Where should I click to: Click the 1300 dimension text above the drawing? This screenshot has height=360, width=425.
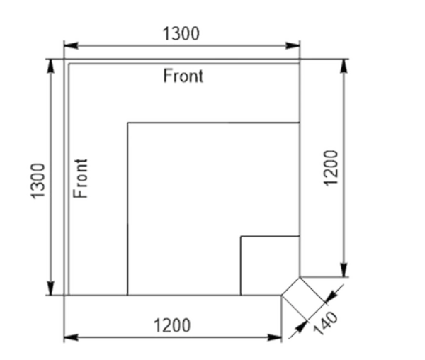181,34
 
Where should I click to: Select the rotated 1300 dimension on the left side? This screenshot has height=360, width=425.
38,181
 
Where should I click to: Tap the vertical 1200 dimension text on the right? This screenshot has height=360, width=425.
331,168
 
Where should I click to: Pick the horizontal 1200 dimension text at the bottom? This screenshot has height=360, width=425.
172,325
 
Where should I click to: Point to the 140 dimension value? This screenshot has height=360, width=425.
326,323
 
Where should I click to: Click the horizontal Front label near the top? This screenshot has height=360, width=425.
183,76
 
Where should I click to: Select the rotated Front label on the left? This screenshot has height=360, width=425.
81,179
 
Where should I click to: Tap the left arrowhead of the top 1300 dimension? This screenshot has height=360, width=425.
72,45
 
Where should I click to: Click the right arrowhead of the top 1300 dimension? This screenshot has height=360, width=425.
293,45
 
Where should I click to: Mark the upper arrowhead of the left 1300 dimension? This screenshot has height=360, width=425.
50,66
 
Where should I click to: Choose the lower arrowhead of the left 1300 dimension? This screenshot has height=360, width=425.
50,288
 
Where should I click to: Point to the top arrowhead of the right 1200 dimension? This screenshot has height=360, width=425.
344,66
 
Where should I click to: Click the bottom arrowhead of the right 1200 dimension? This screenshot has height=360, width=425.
344,270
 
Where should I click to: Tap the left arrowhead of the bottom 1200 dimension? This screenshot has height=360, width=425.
72,337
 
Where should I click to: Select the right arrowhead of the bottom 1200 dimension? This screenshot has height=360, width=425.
275,337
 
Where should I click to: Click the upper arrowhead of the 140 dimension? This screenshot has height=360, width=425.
331,296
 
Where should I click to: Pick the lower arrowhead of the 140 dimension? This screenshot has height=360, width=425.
301,327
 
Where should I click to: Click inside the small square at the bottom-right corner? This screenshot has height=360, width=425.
270,266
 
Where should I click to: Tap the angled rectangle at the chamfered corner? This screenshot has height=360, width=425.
304,299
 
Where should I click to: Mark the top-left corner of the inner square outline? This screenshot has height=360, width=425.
127,123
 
